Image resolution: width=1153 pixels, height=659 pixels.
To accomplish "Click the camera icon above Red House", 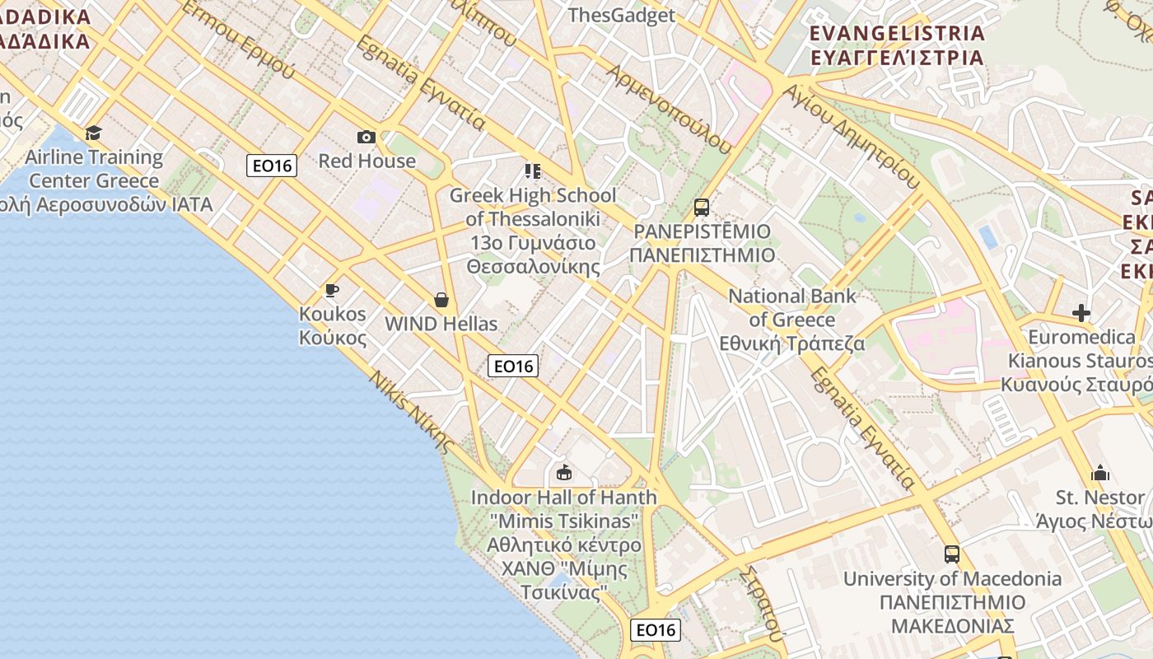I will [366, 137].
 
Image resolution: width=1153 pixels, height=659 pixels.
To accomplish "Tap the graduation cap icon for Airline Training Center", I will [93, 133].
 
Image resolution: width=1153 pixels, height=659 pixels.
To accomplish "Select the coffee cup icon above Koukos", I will [332, 290].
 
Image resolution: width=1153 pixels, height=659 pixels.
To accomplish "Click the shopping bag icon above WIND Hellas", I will [441, 300].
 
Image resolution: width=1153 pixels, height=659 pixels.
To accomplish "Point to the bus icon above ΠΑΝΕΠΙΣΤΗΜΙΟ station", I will [702, 208].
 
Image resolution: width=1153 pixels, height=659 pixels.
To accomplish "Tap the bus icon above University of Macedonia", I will [952, 554].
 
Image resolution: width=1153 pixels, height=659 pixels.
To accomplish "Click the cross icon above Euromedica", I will [1081, 313].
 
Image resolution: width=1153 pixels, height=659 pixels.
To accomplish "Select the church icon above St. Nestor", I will [1100, 474].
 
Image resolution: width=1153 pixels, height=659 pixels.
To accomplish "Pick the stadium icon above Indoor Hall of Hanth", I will [564, 473].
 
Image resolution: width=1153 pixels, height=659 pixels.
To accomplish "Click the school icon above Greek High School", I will [533, 171].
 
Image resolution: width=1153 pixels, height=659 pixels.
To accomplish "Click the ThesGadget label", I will [622, 15].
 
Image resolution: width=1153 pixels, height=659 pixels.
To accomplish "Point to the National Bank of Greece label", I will [792, 320].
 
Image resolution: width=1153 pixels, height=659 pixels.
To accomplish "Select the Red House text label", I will [367, 161].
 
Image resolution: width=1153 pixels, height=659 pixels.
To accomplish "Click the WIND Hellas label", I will [441, 324].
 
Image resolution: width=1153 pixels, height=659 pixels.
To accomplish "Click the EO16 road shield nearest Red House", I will [272, 166].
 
